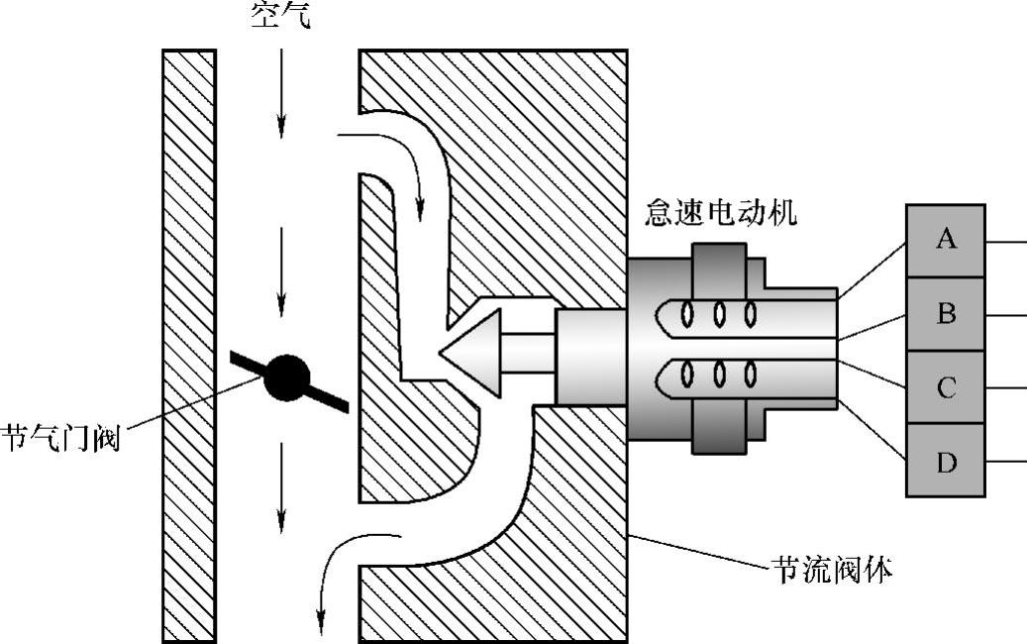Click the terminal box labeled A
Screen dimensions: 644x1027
point(946,240)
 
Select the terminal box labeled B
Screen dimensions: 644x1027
point(946,314)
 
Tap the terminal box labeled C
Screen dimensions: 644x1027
point(946,387)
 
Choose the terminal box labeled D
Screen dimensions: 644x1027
point(946,461)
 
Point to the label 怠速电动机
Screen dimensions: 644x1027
point(720,212)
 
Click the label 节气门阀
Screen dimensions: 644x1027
point(61,437)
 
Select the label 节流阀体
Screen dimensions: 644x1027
point(832,570)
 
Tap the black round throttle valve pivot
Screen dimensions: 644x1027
point(287,377)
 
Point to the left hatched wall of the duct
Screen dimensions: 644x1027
point(188,347)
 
